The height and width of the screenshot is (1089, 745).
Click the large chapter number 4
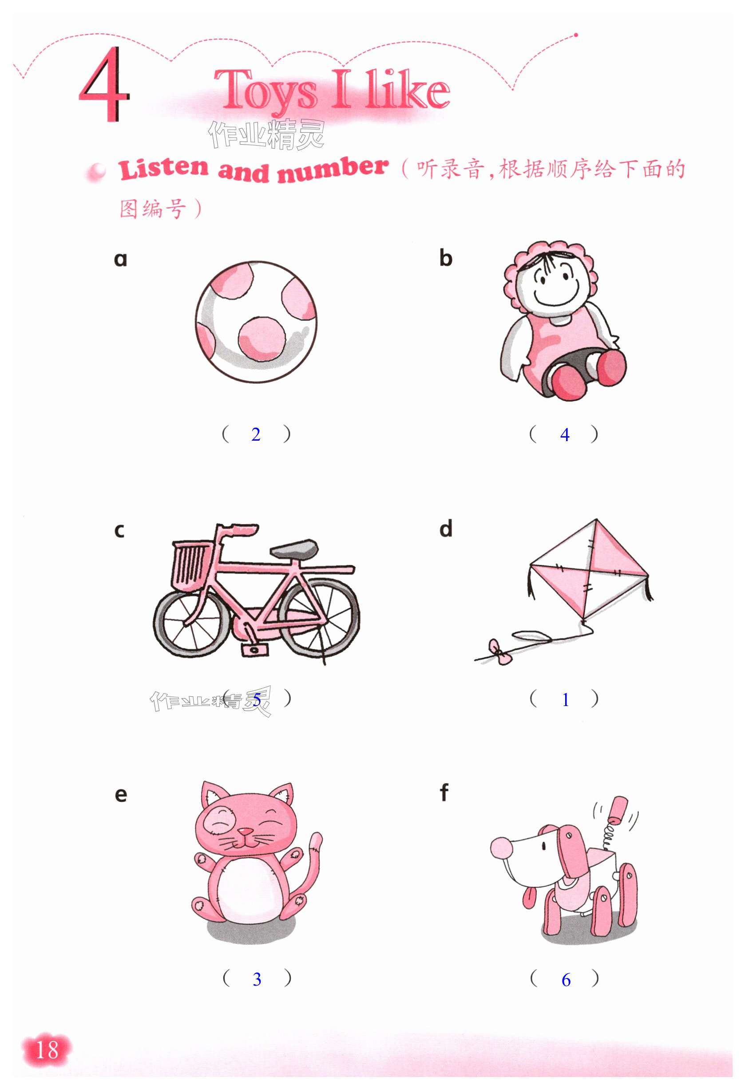(103, 84)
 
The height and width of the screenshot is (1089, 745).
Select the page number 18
(47, 1050)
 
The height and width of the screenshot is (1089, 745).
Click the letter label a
(120, 259)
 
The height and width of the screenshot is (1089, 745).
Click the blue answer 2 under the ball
(256, 434)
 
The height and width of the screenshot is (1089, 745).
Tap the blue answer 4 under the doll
(565, 435)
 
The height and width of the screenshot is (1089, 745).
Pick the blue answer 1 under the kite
(566, 700)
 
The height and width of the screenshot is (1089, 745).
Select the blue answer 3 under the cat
(257, 979)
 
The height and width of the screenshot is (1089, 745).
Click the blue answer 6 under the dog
(566, 980)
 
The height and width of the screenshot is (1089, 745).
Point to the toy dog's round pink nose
(502, 848)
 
